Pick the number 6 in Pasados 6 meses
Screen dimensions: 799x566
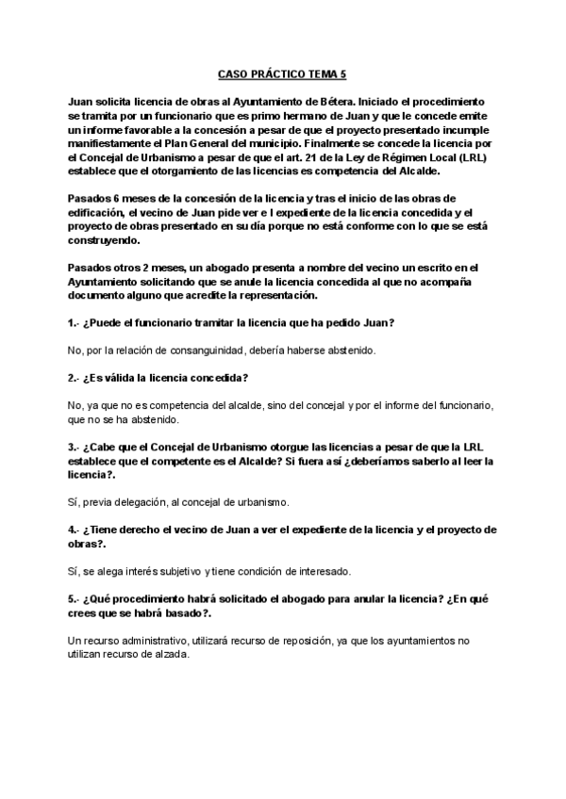[117, 198]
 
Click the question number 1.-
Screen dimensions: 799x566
[75, 323]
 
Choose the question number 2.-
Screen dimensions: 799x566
[75, 378]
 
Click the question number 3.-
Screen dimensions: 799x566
[75, 446]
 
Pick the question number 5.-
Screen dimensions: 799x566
[75, 598]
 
